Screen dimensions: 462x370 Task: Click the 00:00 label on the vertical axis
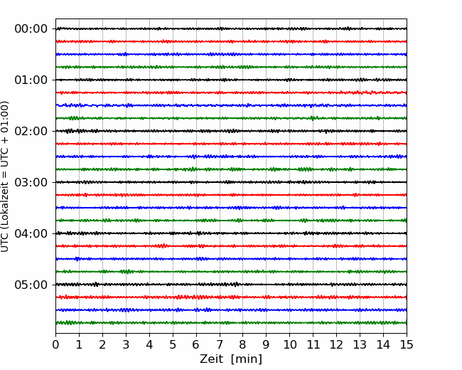[31, 29]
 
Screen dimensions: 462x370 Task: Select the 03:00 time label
[31, 182]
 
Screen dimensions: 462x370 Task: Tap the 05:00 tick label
[31, 285]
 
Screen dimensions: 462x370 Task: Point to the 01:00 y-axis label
[31, 80]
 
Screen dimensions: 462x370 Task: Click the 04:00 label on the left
[31, 233]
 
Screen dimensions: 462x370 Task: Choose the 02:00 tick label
[31, 131]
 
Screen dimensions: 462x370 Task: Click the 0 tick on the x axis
[55, 344]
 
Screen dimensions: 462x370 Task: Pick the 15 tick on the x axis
[407, 344]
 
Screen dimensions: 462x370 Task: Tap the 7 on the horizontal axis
[220, 344]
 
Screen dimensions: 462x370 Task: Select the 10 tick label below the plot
[289, 344]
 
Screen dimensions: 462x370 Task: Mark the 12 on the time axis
[336, 344]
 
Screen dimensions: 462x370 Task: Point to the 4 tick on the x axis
[149, 344]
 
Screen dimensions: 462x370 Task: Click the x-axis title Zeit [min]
[231, 359]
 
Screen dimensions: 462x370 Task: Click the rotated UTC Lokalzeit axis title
[5, 176]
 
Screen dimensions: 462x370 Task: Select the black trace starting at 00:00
[231, 28]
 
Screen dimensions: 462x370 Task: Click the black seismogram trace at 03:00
[231, 182]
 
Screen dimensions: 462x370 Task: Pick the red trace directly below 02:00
[231, 144]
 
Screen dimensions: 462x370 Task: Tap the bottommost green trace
[231, 323]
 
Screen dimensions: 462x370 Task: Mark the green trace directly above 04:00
[231, 221]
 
